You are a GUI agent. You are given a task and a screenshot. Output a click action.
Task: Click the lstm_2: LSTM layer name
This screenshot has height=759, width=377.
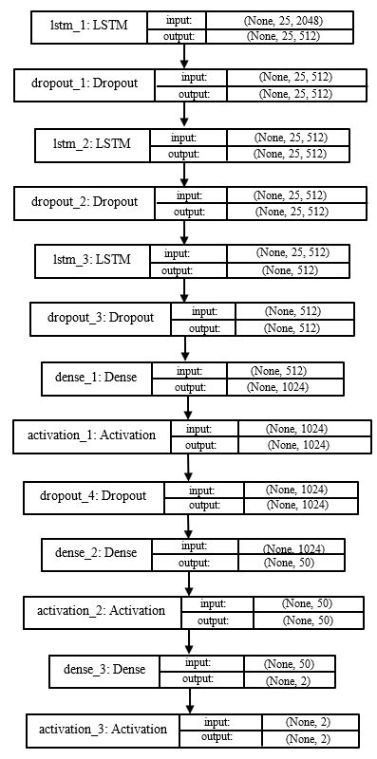pyautogui.click(x=92, y=143)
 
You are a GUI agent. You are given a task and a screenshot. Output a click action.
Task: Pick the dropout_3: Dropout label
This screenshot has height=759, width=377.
pyautogui.click(x=101, y=319)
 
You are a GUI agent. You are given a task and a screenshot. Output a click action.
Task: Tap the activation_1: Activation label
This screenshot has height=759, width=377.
pyautogui.click(x=92, y=436)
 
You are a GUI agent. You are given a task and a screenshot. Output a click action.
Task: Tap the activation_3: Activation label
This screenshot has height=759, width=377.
pyautogui.click(x=104, y=730)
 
